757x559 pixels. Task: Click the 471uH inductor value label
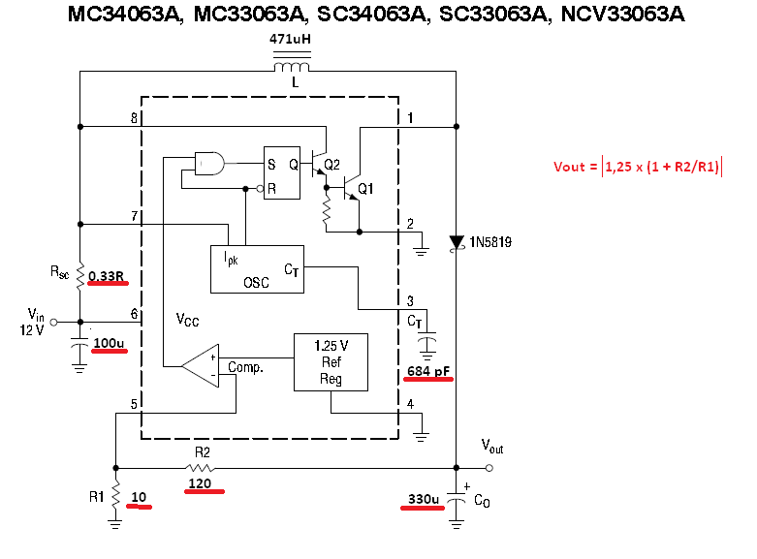[291, 40]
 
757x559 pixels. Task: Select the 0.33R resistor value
[107, 277]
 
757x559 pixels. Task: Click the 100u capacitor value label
[109, 342]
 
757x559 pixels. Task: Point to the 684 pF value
[428, 371]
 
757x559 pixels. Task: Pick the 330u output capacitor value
[424, 499]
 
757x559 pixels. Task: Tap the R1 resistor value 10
[139, 498]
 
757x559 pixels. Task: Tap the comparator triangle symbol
[201, 364]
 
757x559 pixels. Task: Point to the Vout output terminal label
[492, 446]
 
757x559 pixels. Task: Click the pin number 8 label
[134, 118]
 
